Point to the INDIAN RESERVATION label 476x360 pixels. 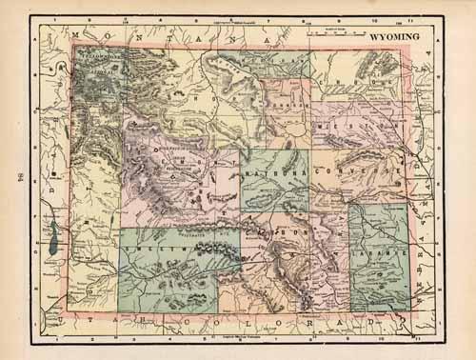click(x=170, y=157)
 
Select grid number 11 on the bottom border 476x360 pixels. click(x=416, y=336)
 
